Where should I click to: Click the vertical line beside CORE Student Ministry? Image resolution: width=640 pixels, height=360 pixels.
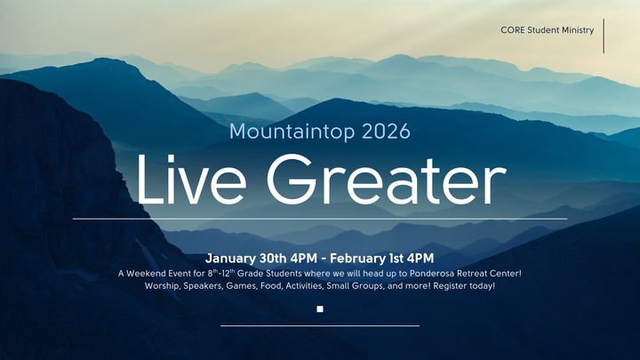pyautogui.click(x=604, y=36)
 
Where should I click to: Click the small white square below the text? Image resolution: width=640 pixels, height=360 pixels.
pyautogui.click(x=320, y=309)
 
